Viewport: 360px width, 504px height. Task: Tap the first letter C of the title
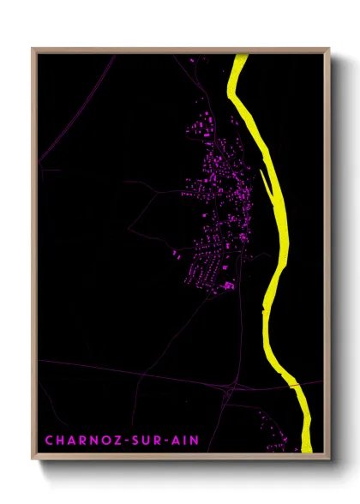tap(49, 441)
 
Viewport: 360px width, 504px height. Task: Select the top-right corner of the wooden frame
tap(328, 49)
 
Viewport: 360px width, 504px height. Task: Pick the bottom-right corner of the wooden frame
tap(328, 456)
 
